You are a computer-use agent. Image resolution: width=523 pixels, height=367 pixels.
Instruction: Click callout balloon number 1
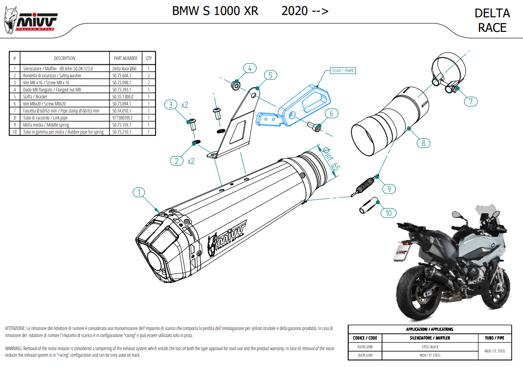pos(139,192)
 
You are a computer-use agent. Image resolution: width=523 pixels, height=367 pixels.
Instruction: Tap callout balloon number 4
pos(249,68)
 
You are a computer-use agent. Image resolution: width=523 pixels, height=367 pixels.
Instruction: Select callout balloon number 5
pos(270,75)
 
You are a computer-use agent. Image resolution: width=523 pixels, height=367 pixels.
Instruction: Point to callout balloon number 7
pos(471,100)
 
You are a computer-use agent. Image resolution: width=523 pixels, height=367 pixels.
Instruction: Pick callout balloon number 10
pos(388,213)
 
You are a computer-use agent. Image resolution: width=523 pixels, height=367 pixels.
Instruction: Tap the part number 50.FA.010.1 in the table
pos(122,111)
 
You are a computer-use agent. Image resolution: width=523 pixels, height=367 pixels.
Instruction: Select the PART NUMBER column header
pos(126,59)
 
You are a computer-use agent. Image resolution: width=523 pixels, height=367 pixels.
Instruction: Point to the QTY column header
pos(149,59)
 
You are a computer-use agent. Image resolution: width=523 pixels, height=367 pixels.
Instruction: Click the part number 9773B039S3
pos(122,118)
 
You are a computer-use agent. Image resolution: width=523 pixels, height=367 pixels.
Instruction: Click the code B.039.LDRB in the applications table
pos(365,347)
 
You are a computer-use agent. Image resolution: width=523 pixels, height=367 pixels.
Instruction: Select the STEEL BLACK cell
pos(430,347)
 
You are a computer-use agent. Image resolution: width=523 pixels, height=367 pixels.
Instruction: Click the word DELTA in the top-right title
pos(492,13)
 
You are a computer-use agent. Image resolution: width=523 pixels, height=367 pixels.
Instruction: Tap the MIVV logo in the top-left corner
pos(31,22)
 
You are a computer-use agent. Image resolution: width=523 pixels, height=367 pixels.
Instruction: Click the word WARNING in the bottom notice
pos(15,348)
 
